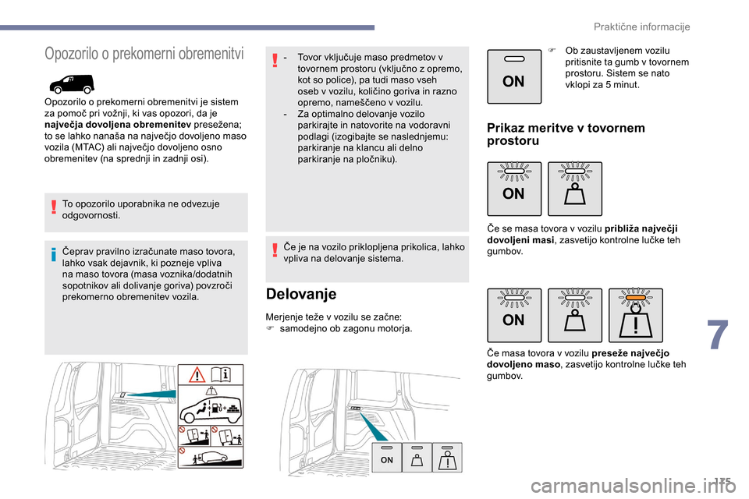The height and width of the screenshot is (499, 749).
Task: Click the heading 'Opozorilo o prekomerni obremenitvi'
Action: [x=144, y=54]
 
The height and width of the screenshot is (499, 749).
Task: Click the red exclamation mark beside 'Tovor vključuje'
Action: [x=275, y=61]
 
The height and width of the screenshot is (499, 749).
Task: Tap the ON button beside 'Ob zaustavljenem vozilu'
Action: [x=513, y=76]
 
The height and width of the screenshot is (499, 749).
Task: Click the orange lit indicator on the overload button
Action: [x=635, y=296]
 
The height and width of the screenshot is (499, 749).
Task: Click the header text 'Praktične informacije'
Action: [x=641, y=27]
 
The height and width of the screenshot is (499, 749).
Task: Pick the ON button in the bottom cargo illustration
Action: [x=386, y=458]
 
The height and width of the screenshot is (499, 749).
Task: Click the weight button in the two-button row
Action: [x=574, y=189]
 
